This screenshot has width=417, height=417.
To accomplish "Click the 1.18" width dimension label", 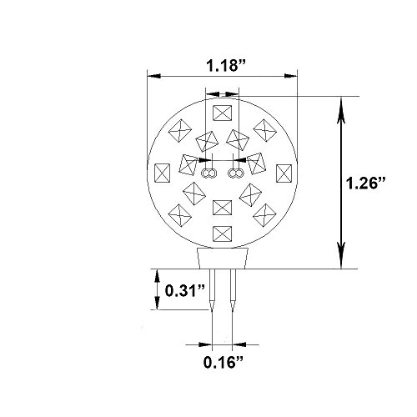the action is click(x=226, y=66).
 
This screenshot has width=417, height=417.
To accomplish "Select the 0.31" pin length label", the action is click(x=185, y=291).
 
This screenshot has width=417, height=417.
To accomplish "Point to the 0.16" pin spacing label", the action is click(x=224, y=362).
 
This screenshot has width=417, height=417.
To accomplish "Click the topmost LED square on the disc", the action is click(x=223, y=113).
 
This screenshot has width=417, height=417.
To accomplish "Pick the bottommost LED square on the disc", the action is click(x=222, y=234).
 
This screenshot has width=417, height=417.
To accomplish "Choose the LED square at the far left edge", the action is click(x=162, y=173).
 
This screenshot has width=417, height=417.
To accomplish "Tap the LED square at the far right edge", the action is click(x=284, y=173).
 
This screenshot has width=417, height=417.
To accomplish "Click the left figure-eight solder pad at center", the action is click(x=208, y=173).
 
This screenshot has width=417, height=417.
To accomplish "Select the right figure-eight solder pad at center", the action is click(x=236, y=173).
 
